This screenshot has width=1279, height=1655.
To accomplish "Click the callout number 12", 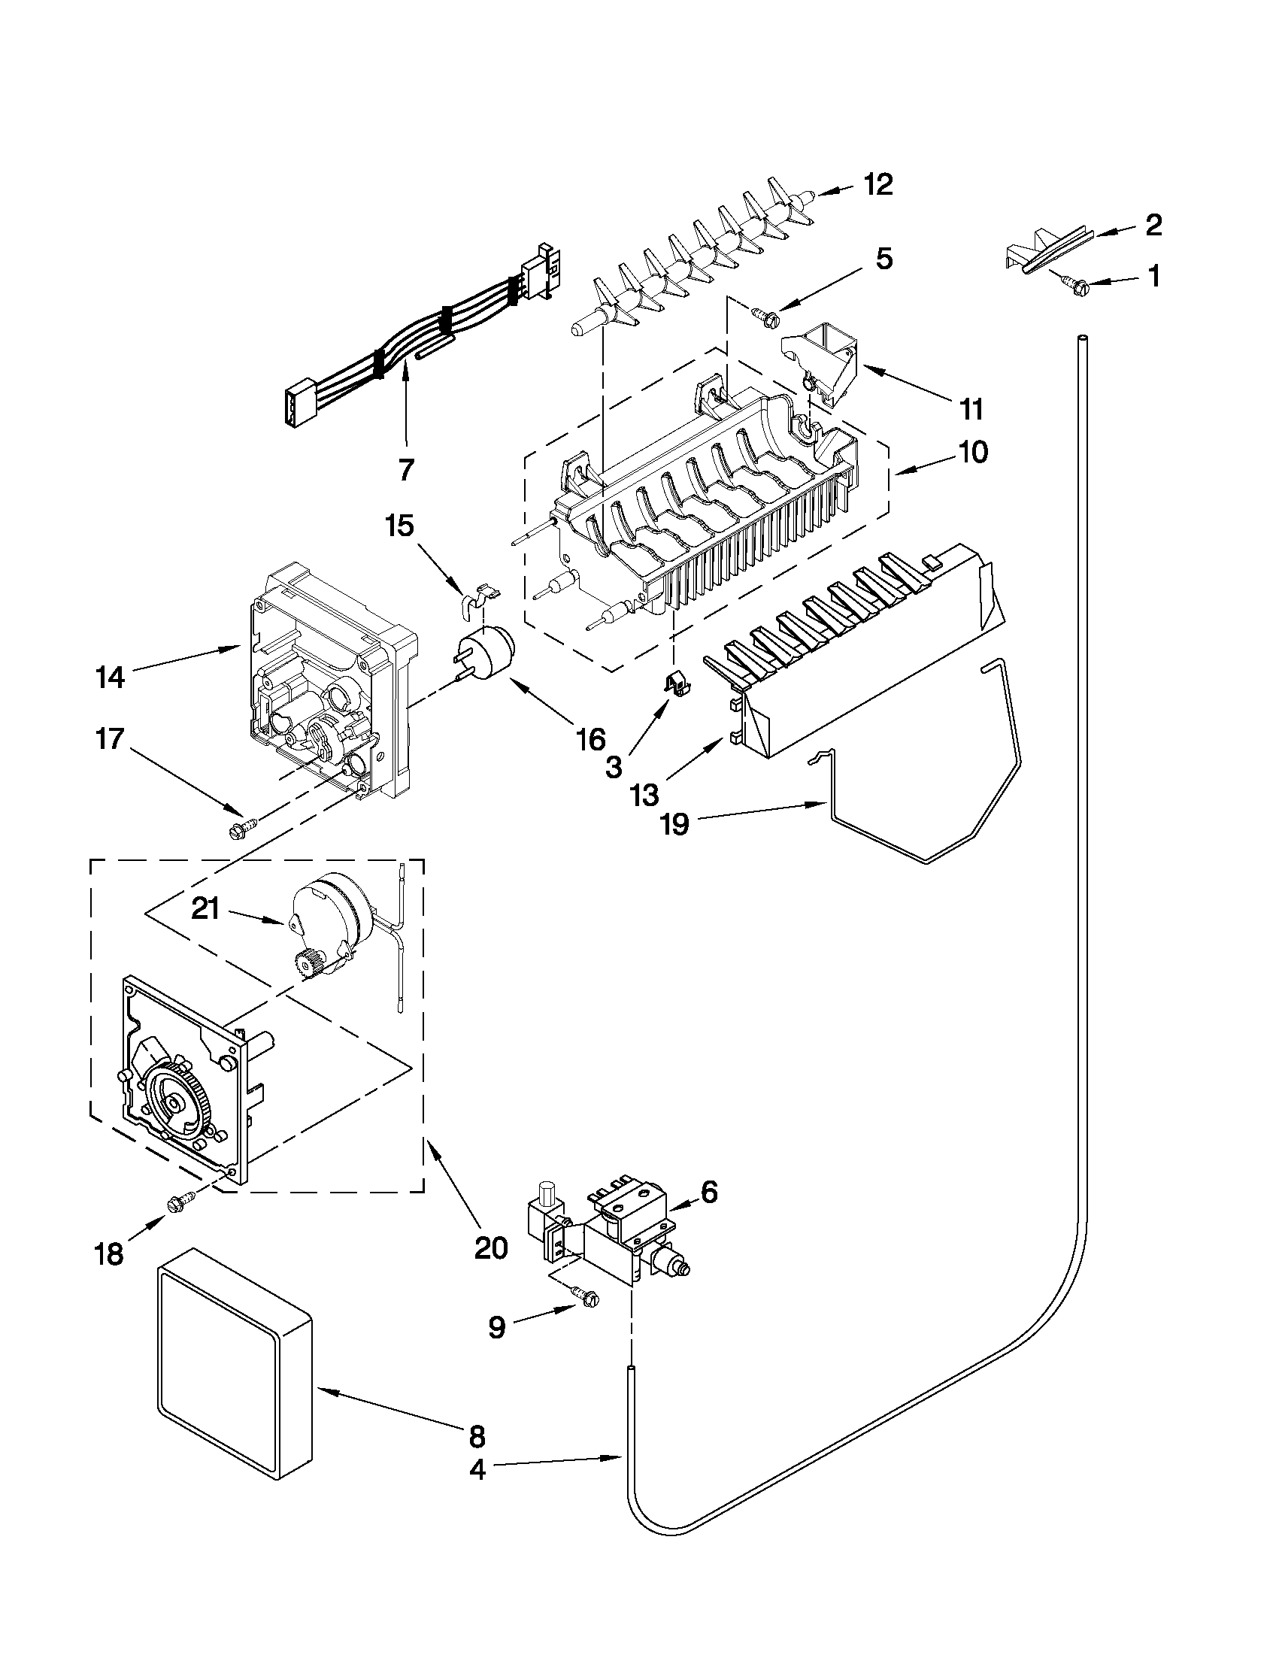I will tap(878, 185).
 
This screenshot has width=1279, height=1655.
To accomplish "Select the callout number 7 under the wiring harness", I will tap(406, 471).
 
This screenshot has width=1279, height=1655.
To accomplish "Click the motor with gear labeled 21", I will tap(329, 933).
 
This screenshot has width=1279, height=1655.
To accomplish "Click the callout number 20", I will tap(490, 1247).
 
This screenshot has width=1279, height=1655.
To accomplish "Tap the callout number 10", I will tap(973, 453).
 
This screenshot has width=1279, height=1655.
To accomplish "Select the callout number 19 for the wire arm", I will tap(674, 823).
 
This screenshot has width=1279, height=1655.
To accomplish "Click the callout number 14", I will tap(111, 677).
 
